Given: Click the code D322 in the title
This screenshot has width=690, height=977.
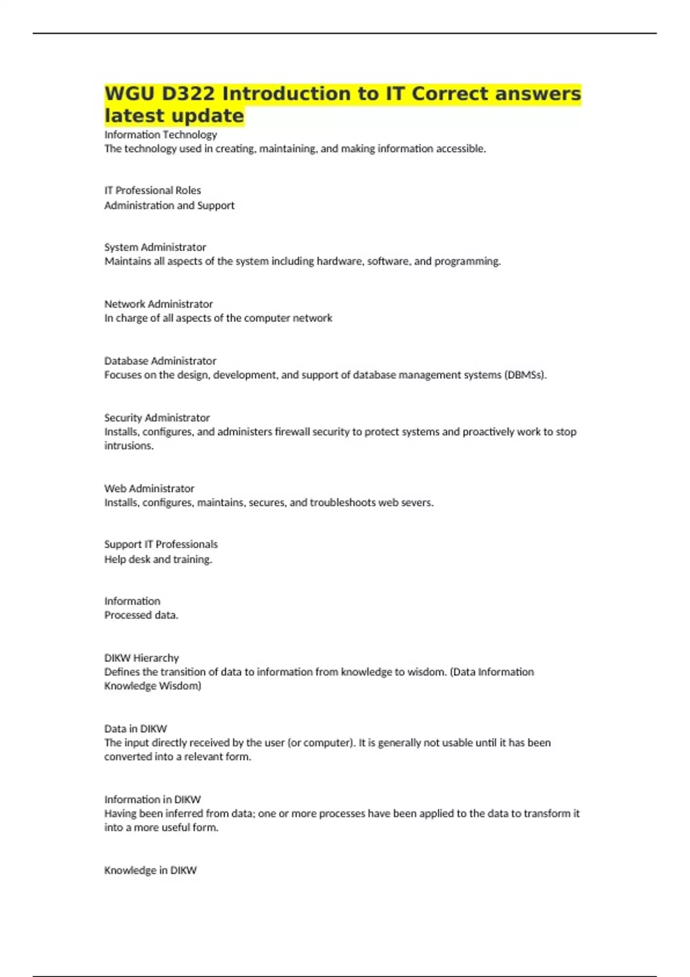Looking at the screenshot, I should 188,94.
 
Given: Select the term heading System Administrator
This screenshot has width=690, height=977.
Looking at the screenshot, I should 155,247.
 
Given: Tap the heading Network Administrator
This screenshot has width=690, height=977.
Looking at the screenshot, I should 158,304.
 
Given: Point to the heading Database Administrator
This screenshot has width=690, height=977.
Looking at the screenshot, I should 160,361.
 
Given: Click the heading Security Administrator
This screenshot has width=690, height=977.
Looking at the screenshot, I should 156,418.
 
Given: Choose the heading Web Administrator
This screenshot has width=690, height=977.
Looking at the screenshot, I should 149,488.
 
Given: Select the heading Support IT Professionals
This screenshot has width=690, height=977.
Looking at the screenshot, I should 160,544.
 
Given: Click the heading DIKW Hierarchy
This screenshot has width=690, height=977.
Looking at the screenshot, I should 141,658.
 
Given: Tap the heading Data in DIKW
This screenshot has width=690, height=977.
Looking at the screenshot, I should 135,729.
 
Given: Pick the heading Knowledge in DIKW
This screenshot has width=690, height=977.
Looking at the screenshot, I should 150,871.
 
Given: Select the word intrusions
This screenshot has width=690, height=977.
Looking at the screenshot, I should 129,446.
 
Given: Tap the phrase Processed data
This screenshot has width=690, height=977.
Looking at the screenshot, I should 141,616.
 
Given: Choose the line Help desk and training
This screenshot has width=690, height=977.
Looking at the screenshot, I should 158,560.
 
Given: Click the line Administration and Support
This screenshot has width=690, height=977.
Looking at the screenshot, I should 169,206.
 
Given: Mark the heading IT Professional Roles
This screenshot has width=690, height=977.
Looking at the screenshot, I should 152,191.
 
